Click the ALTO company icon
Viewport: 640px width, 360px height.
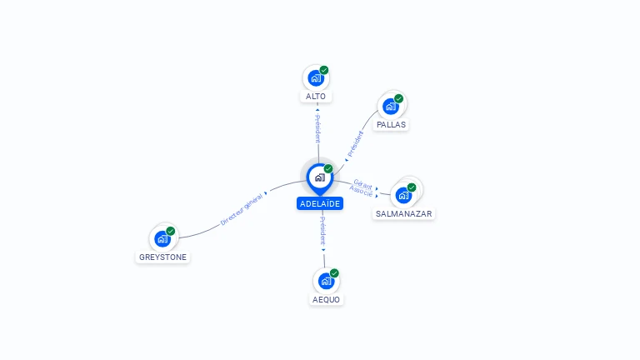click(x=316, y=77)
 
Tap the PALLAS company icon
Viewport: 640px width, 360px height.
click(x=391, y=106)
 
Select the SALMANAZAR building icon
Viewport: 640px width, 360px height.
click(x=403, y=195)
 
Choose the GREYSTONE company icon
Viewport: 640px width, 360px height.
click(x=162, y=239)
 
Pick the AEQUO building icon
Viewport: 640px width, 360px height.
click(x=326, y=281)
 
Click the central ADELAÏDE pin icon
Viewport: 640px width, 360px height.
click(x=320, y=179)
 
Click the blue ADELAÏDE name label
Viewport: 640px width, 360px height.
click(x=320, y=203)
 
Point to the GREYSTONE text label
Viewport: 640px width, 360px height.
click(x=162, y=257)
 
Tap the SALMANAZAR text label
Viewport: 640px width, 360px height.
click(x=403, y=214)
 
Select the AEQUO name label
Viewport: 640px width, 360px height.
click(x=326, y=300)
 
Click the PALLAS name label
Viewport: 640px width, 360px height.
click(x=391, y=124)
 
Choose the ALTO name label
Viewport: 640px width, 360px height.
click(x=316, y=97)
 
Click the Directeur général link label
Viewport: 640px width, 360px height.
click(x=241, y=210)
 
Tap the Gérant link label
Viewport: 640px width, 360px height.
click(x=362, y=184)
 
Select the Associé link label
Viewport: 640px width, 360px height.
click(x=361, y=191)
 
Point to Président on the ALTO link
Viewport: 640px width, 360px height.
click(x=318, y=128)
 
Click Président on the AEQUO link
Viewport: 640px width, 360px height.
click(x=322, y=231)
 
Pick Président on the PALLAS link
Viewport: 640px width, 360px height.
click(x=355, y=143)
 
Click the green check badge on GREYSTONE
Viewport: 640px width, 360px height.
click(x=171, y=231)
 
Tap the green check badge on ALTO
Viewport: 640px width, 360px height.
click(x=324, y=70)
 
